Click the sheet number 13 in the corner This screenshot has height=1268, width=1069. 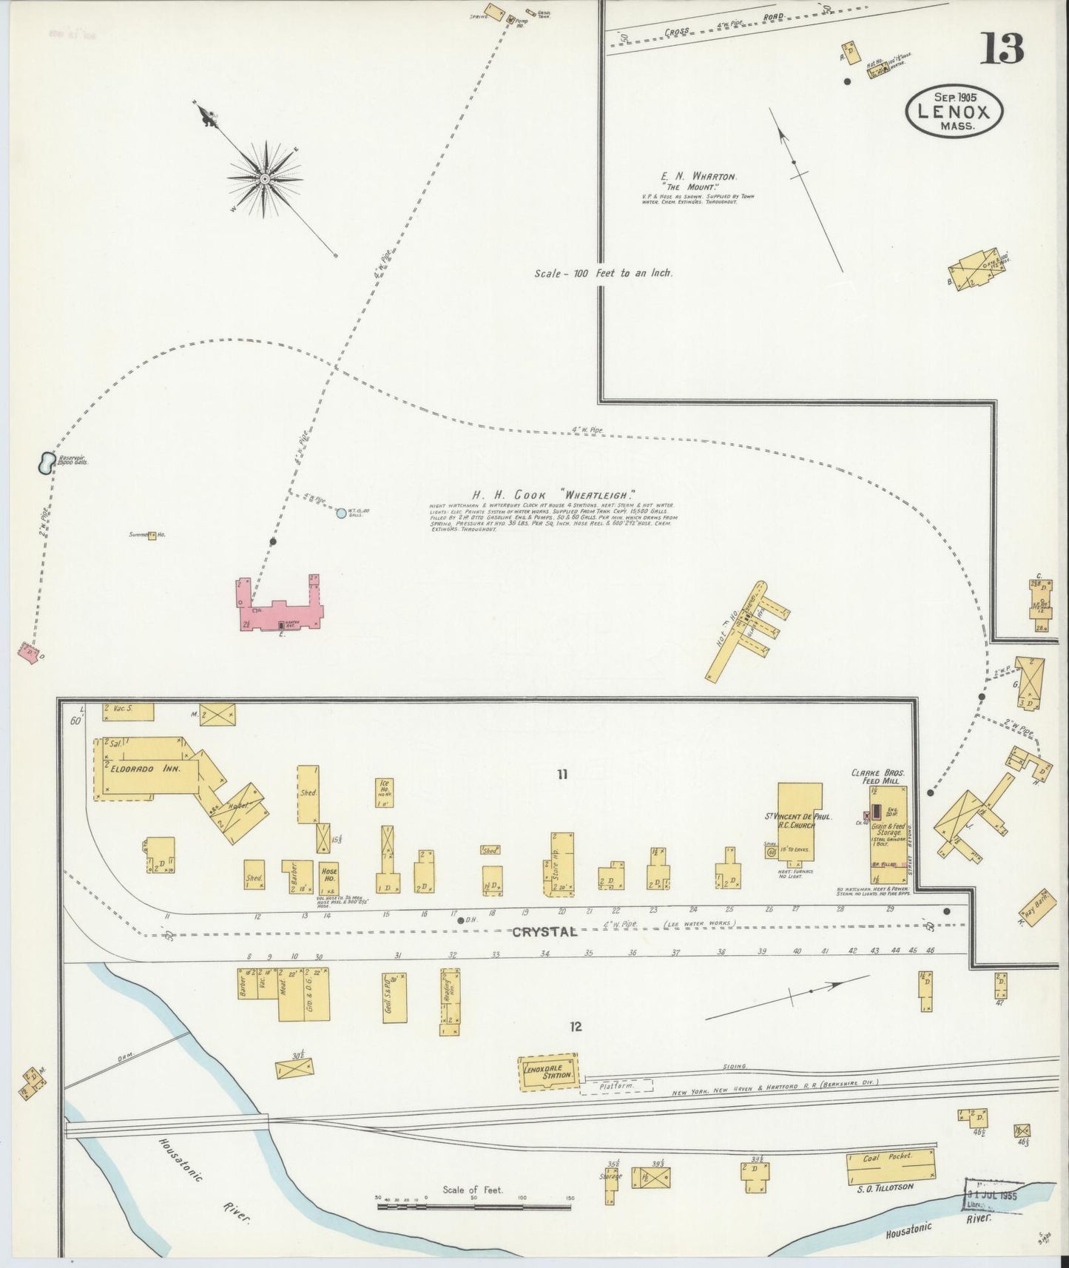(x=1002, y=49)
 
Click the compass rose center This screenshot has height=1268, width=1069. (x=264, y=178)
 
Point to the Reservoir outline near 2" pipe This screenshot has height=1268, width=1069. (x=46, y=463)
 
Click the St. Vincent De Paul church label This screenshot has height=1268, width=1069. (x=798, y=821)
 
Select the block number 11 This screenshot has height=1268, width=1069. (x=562, y=775)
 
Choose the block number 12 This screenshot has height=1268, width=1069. (x=576, y=1026)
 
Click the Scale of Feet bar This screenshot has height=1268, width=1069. (x=473, y=1207)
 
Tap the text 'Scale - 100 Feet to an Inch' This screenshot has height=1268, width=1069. (x=603, y=273)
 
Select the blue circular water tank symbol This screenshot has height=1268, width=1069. (x=340, y=513)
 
